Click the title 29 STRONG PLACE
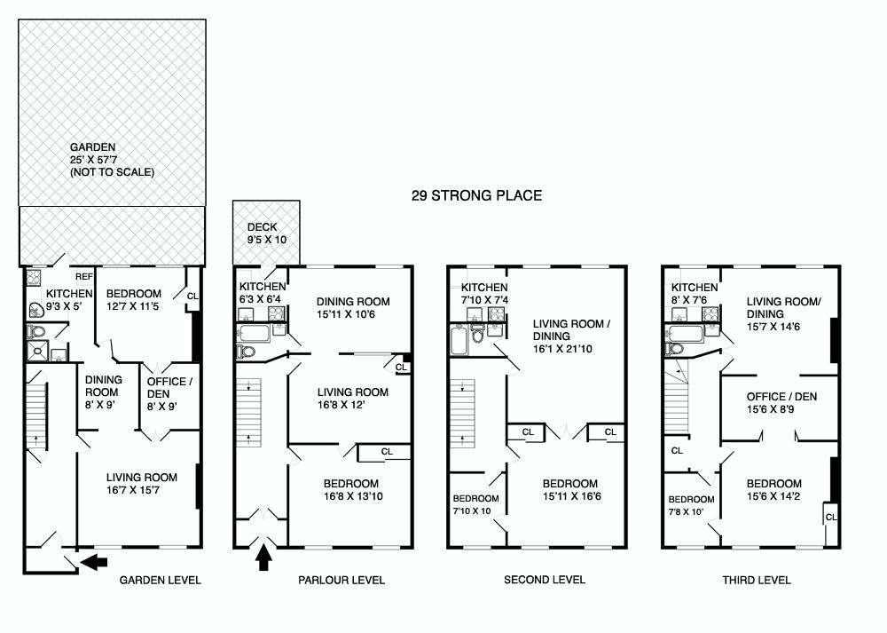[476, 195]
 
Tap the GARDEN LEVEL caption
[161, 581]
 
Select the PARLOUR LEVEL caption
[341, 581]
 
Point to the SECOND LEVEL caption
[545, 581]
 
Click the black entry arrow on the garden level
[93, 561]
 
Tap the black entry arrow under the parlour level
[263, 558]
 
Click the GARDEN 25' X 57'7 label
[113, 160]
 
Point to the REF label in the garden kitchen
[84, 277]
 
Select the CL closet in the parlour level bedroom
[386, 452]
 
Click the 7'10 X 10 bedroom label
[475, 504]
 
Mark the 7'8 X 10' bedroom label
[691, 505]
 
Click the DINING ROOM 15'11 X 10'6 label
[353, 308]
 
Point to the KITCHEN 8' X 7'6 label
[694, 294]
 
